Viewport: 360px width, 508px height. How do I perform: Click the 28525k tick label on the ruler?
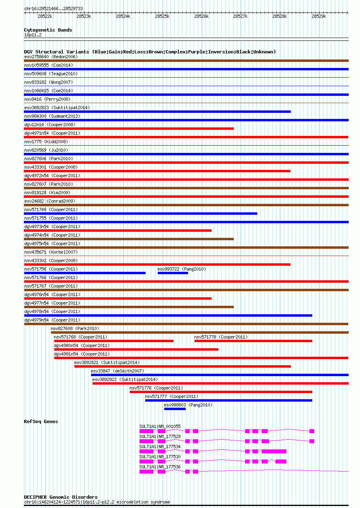(x=162, y=16)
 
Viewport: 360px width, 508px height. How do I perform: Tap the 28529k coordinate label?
(x=319, y=16)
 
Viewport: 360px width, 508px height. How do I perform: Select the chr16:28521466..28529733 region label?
(x=54, y=8)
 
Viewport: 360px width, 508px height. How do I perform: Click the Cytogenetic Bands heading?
(x=48, y=30)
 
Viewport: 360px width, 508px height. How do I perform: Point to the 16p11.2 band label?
(x=33, y=35)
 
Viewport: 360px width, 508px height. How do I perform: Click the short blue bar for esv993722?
(x=173, y=273)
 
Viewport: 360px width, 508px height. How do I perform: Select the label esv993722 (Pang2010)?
(x=182, y=269)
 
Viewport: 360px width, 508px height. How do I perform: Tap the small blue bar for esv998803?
(x=175, y=409)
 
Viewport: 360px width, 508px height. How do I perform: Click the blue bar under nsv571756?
(x=85, y=273)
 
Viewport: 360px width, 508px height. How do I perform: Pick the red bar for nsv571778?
(x=253, y=341)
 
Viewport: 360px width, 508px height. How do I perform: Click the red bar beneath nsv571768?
(x=114, y=341)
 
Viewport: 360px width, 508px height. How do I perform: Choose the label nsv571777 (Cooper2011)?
(x=172, y=396)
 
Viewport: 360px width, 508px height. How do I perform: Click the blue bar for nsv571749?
(x=140, y=214)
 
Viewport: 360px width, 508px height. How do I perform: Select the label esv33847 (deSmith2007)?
(x=117, y=371)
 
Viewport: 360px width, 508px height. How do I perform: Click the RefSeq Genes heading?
(x=41, y=421)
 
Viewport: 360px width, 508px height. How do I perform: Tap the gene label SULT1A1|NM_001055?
(x=160, y=426)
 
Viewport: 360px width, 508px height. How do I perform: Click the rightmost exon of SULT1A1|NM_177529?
(x=312, y=441)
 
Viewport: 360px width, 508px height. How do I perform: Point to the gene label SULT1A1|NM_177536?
(x=160, y=467)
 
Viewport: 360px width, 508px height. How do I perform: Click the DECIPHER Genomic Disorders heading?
(x=61, y=497)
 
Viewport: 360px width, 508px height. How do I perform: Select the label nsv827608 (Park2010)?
(x=75, y=328)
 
